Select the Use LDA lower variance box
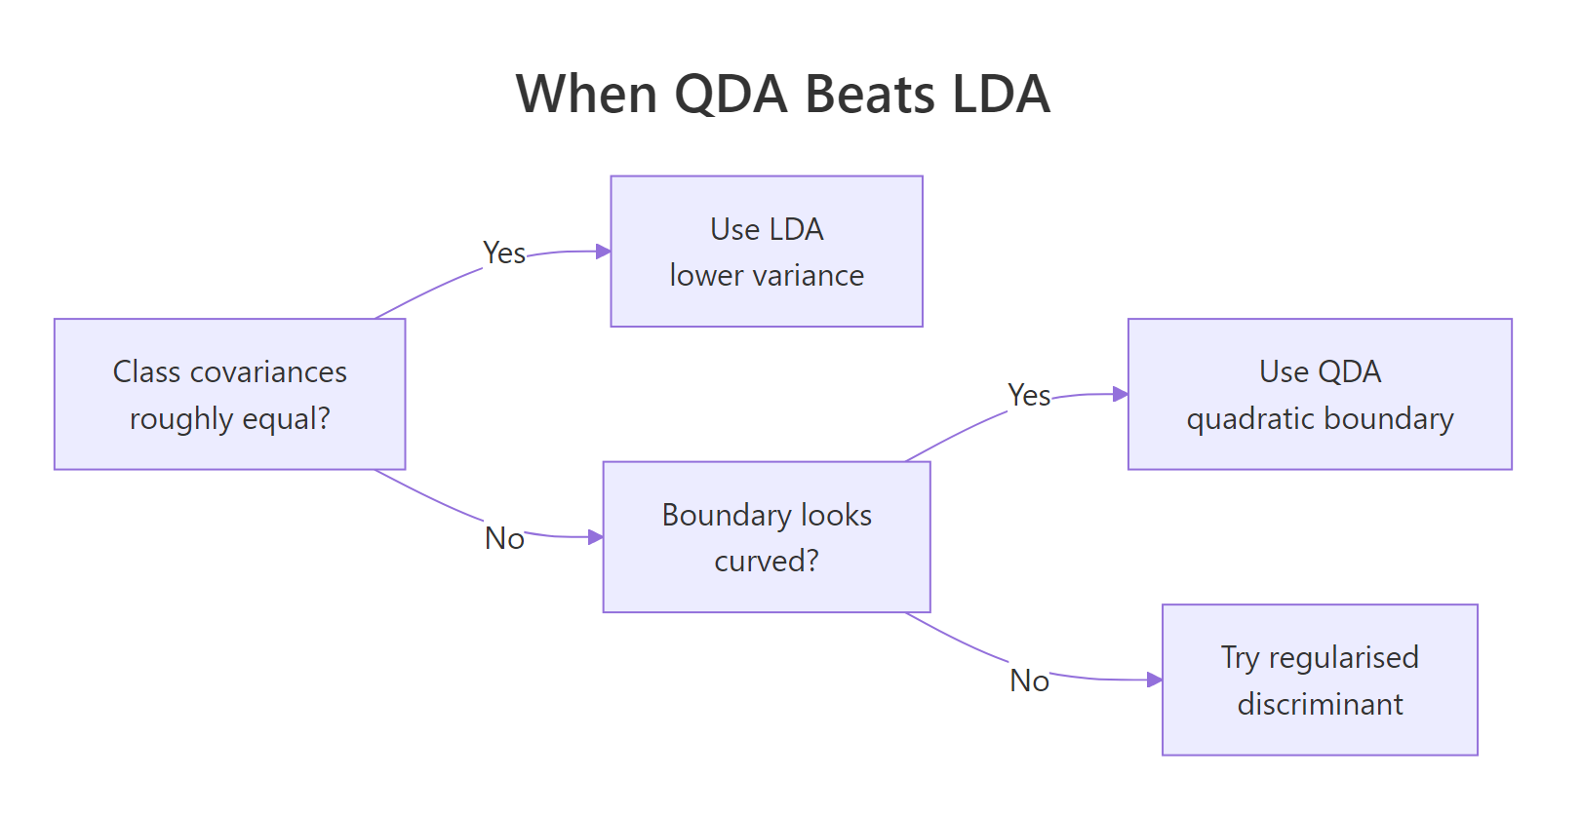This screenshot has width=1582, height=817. (767, 252)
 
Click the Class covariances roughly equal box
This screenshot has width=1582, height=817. (229, 394)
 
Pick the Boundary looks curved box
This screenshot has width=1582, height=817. (767, 537)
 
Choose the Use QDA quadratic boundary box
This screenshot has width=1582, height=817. (1320, 394)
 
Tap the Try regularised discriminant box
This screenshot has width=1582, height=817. (1320, 680)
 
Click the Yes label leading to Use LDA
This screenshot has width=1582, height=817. (504, 253)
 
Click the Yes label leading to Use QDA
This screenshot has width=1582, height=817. (1029, 396)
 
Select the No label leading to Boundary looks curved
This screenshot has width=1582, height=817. (504, 538)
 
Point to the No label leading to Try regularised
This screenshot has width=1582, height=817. (1029, 681)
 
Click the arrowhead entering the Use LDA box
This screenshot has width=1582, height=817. (604, 252)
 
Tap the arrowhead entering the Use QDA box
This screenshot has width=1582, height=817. (1121, 394)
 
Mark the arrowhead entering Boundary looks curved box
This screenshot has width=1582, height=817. (596, 537)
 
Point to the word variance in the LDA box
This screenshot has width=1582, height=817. (808, 276)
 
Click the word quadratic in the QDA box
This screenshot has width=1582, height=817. (1237, 419)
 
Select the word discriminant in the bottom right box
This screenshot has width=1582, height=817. (1320, 704)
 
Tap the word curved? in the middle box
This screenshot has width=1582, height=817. (767, 562)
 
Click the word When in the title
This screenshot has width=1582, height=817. (586, 95)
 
